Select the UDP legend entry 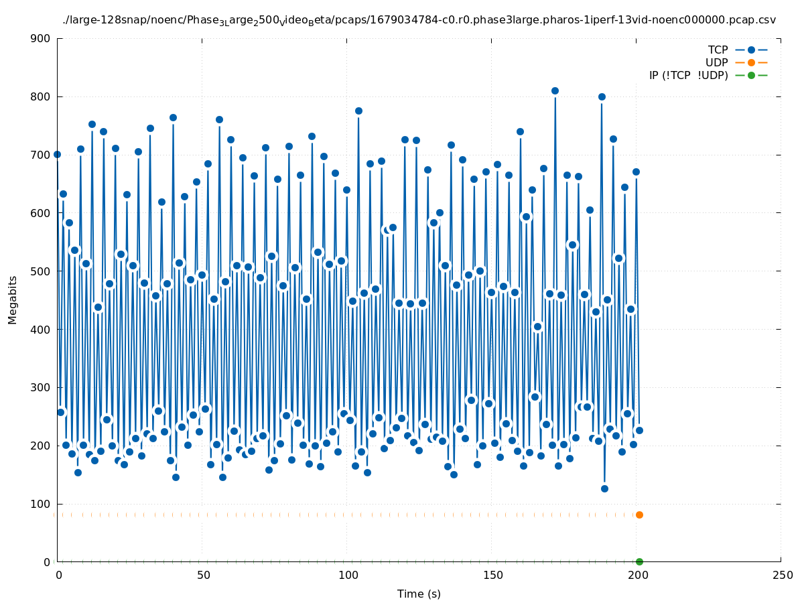(x=716, y=62)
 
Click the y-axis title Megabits (x=13, y=299)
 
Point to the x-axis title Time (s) (x=419, y=594)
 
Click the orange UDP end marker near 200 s (x=639, y=515)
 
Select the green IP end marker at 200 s (x=639, y=561)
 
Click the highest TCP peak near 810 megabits (x=555, y=90)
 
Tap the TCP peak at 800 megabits (x=602, y=96)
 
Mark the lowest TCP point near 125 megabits (x=604, y=488)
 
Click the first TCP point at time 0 (x=57, y=154)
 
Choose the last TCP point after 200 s (x=639, y=430)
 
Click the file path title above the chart (x=419, y=20)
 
